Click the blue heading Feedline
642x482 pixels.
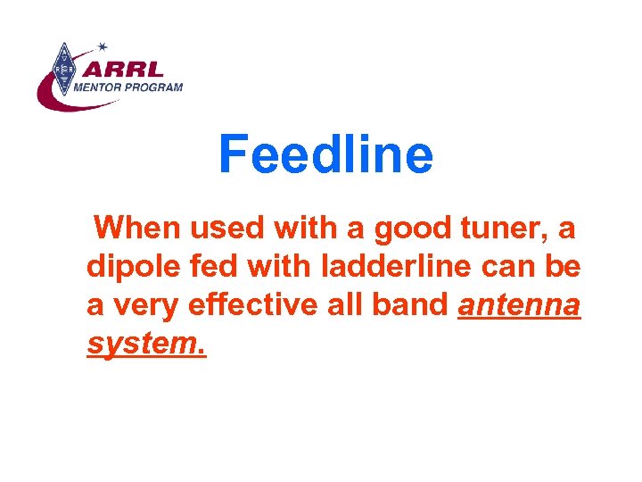(x=325, y=154)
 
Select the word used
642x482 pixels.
(x=225, y=229)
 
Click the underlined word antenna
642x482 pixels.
(x=519, y=305)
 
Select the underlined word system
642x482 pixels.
(x=146, y=344)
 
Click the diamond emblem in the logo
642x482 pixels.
(x=62, y=70)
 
